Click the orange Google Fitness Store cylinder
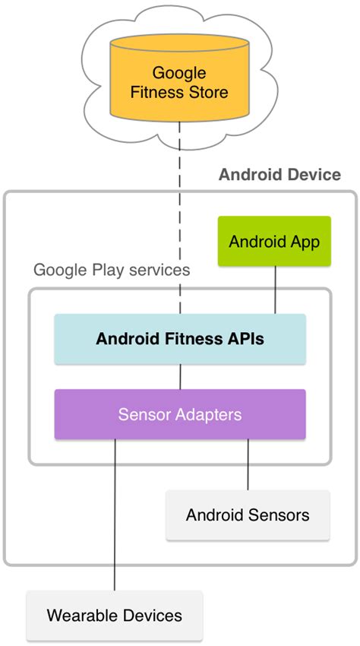pyautogui.click(x=179, y=84)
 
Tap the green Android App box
pyautogui.click(x=274, y=242)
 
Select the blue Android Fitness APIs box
pyautogui.click(x=180, y=339)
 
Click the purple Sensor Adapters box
pyautogui.click(x=180, y=414)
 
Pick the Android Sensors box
pyautogui.click(x=248, y=515)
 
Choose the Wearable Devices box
pyautogui.click(x=115, y=615)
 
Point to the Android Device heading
pyautogui.click(x=279, y=175)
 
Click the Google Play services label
pyautogui.click(x=112, y=270)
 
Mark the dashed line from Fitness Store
pyautogui.click(x=180, y=220)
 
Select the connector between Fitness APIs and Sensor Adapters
pyautogui.click(x=180, y=377)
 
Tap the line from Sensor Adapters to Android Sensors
pyautogui.click(x=248, y=465)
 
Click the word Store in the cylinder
pyautogui.click(x=207, y=93)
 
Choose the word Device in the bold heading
pyautogui.click(x=314, y=175)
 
